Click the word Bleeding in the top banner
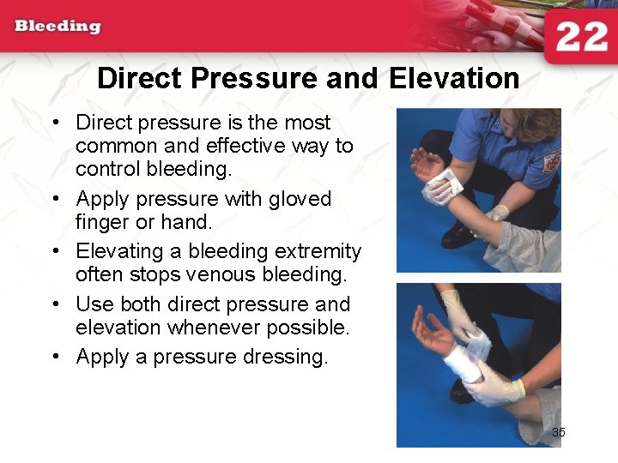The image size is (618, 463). (x=58, y=26)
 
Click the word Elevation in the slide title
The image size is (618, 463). (x=454, y=79)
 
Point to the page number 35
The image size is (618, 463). (x=558, y=433)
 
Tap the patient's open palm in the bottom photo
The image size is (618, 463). (x=429, y=330)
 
